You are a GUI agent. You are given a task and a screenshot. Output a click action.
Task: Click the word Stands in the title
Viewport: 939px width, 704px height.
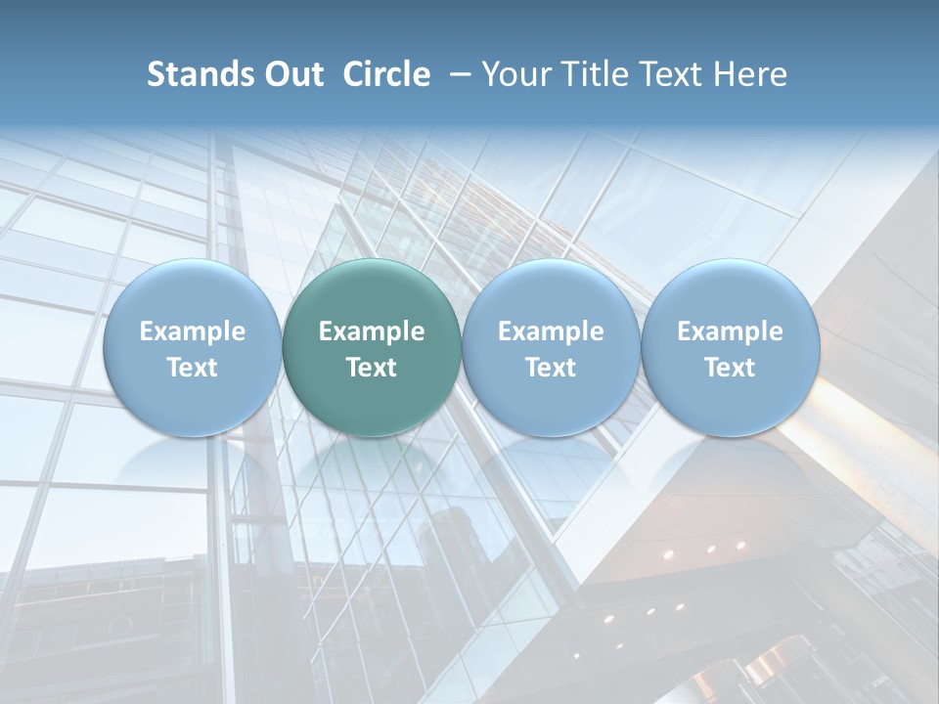pos(199,74)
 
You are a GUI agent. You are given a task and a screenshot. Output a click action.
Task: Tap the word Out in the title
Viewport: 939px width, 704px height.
pos(291,74)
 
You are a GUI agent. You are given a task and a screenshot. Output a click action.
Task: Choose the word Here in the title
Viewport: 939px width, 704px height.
pos(751,74)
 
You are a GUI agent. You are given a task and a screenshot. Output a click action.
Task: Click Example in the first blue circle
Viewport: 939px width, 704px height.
pos(193,331)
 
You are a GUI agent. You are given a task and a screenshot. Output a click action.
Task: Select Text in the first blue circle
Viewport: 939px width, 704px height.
pos(193,368)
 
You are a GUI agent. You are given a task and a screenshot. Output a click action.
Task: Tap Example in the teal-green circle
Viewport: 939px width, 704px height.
pos(372,331)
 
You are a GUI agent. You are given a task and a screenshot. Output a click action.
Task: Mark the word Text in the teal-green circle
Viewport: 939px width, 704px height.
pos(372,368)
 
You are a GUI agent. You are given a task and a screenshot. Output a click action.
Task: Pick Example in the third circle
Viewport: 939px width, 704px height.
pos(551,331)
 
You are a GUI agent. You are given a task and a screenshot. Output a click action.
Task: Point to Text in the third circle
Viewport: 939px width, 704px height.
pos(551,368)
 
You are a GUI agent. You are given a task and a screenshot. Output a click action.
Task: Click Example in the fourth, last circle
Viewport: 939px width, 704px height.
pos(730,331)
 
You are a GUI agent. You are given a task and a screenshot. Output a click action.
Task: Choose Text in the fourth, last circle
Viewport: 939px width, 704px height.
pos(730,368)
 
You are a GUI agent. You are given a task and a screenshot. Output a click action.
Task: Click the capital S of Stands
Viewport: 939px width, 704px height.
pos(156,74)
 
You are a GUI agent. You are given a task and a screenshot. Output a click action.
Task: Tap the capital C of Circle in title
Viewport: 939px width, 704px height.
pos(352,74)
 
